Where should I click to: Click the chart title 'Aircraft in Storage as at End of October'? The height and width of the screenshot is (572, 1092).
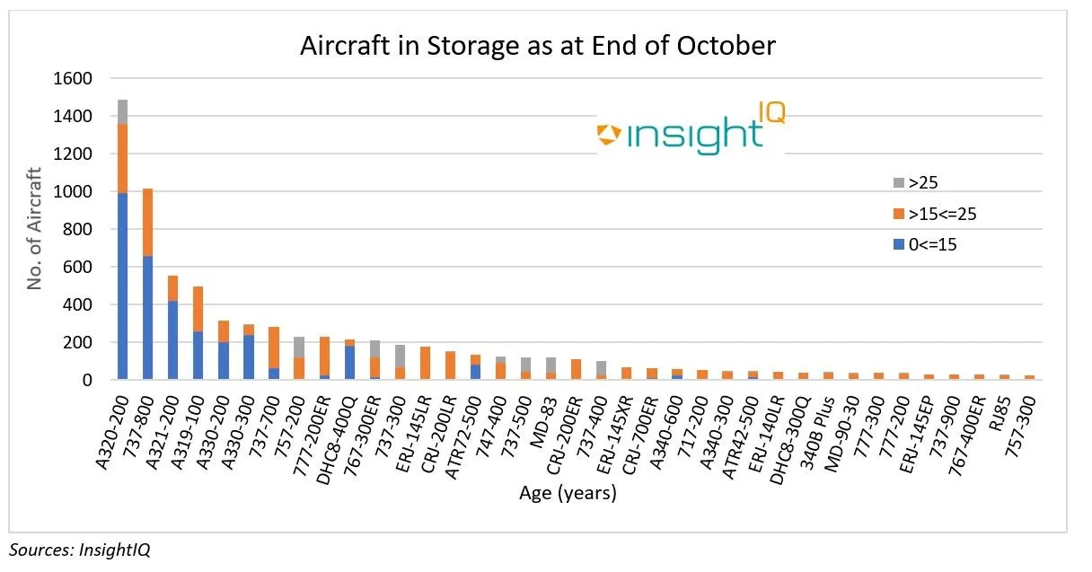tap(537, 45)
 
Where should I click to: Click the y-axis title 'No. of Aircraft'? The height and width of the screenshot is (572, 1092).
tap(35, 228)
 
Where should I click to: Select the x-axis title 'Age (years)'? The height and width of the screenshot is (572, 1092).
tap(568, 493)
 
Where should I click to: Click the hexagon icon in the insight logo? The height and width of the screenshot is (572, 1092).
tap(609, 135)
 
